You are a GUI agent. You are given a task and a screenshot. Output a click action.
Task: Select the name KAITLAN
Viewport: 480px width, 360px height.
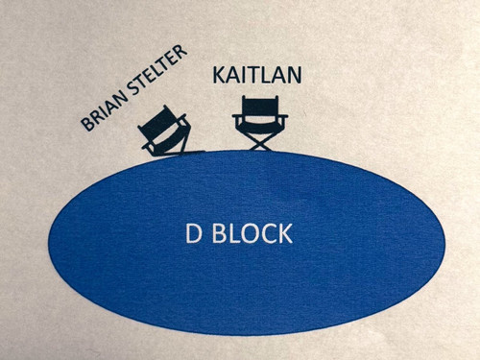pyautogui.click(x=257, y=75)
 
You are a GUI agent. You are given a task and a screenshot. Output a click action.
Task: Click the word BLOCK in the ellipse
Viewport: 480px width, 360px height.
pyautogui.click(x=252, y=233)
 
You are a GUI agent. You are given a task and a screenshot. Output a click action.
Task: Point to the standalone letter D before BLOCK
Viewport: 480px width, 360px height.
pyautogui.click(x=194, y=233)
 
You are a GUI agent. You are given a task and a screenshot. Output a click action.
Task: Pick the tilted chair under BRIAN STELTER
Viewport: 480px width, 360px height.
pyautogui.click(x=165, y=132)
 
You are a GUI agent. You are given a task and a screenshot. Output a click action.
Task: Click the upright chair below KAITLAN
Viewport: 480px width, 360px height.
pyautogui.click(x=260, y=123)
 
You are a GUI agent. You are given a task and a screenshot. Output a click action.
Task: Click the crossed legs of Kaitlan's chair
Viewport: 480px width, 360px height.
pyautogui.click(x=260, y=141)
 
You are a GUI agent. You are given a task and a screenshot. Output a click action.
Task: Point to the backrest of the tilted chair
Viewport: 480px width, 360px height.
pyautogui.click(x=160, y=119)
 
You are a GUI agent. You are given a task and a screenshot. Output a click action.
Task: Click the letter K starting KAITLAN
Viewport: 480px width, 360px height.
pyautogui.click(x=219, y=75)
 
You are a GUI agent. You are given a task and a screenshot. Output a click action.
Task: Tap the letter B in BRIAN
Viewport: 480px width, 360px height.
pyautogui.click(x=87, y=124)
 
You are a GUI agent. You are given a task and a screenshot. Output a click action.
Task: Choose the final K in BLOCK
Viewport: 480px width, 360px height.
pyautogui.click(x=285, y=233)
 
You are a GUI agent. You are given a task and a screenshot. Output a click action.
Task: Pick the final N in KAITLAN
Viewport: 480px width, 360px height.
pyautogui.click(x=294, y=75)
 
